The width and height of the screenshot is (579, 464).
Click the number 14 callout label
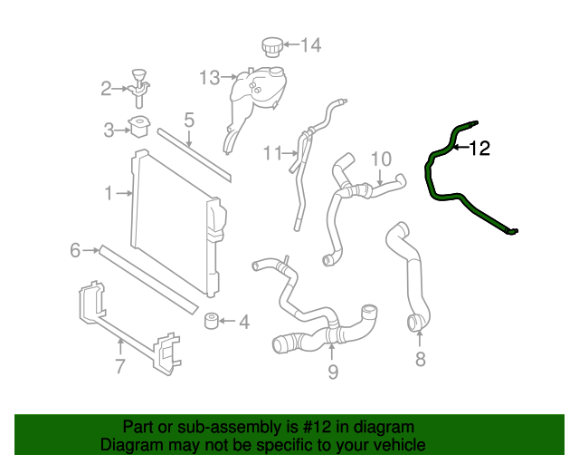[x=310, y=44]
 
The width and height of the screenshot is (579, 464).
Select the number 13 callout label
[x=209, y=78]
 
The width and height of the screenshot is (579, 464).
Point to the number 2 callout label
[x=106, y=89]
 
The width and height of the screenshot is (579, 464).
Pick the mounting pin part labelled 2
[x=138, y=82]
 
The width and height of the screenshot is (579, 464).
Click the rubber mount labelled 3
[x=138, y=128]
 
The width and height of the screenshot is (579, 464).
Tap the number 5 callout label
[x=189, y=120]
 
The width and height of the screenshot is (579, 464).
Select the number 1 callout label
[x=109, y=193]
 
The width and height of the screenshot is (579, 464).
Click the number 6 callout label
[x=75, y=249]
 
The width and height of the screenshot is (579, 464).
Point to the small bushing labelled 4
[x=214, y=321]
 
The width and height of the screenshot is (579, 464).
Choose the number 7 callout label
[x=119, y=366]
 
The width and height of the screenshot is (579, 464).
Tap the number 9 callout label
[x=332, y=370]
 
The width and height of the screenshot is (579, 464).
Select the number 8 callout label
[x=420, y=360]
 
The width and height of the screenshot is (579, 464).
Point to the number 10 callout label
[x=380, y=159]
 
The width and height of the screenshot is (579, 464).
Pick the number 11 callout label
[x=272, y=153]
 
